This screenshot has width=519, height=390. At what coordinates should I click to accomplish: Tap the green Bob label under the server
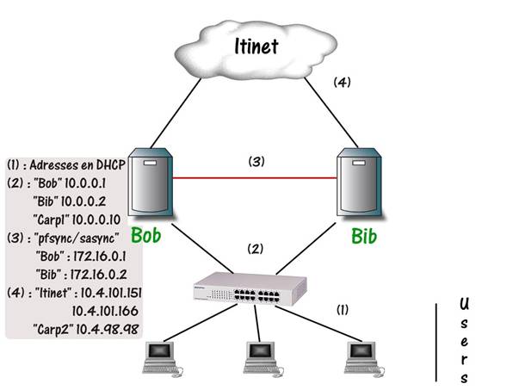147,235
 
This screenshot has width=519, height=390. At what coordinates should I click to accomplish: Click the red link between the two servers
254,178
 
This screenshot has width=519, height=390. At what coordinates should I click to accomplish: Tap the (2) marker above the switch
255,249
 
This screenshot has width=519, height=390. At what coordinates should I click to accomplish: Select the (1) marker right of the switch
343,307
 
